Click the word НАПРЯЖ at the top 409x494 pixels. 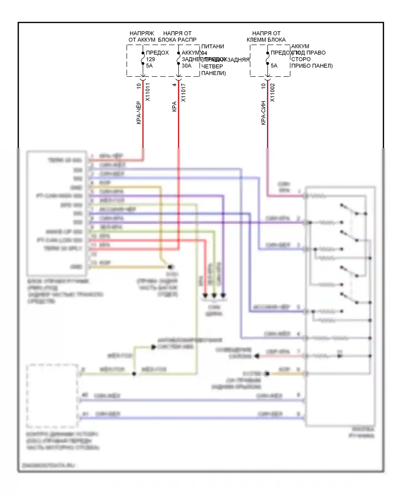[x=142, y=33]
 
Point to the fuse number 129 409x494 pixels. [x=151, y=59]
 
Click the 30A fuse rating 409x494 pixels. [x=187, y=66]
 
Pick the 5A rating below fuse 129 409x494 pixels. [x=149, y=66]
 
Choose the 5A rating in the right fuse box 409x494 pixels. [x=274, y=66]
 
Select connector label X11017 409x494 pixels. [x=183, y=93]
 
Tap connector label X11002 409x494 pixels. [x=272, y=93]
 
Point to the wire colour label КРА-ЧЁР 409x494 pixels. [x=139, y=113]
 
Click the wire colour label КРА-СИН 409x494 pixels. [x=263, y=113]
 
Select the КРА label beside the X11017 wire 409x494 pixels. [x=174, y=106]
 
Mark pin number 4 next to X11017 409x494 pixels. [x=174, y=85]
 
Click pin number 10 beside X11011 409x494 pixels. [x=139, y=86]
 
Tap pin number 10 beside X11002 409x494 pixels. [x=263, y=86]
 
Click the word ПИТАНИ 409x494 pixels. [x=213, y=47]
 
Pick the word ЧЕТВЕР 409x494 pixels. [x=212, y=66]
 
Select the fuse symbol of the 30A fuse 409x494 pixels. [x=179, y=58]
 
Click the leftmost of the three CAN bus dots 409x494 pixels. [x=205, y=295]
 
